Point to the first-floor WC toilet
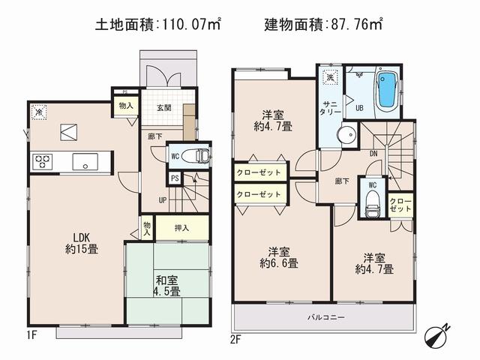tap(196, 156)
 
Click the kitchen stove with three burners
tap(41, 160)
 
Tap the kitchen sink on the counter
tap(83, 160)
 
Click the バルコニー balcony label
tap(325, 317)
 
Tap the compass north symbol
tap(437, 335)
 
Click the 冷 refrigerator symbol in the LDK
tap(39, 111)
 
